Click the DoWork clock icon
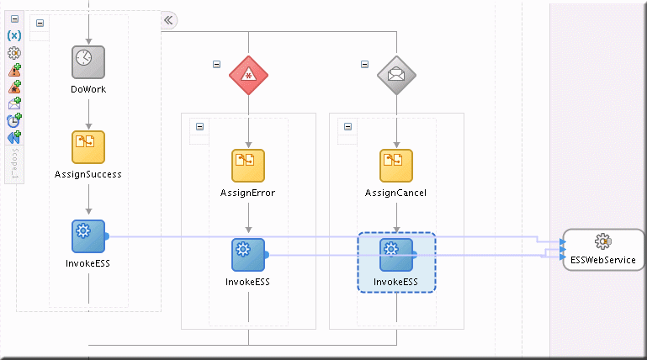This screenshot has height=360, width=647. click(88, 61)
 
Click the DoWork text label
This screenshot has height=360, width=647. click(88, 88)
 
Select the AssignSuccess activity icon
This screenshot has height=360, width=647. click(88, 146)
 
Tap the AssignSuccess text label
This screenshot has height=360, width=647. click(88, 174)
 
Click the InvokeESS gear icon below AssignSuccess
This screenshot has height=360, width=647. click(88, 236)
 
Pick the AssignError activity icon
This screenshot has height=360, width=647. click(248, 165)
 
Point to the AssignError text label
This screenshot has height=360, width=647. click(248, 193)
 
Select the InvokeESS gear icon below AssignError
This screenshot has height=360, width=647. click(248, 254)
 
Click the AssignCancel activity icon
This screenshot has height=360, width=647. click(396, 165)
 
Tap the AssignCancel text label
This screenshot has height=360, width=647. click(396, 193)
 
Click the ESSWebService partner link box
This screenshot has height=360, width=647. click(603, 249)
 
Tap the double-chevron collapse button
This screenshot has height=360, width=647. click(168, 20)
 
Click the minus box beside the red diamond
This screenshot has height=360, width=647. click(216, 63)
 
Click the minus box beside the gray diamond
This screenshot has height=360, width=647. click(363, 63)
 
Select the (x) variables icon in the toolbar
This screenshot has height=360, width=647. click(14, 36)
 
